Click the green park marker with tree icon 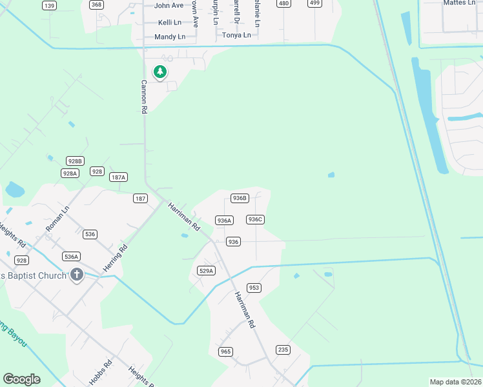159,72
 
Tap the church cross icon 76,275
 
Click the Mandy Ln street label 170,37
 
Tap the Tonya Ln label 236,35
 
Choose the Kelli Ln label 170,22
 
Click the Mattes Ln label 460,3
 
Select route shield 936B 239,198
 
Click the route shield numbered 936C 255,219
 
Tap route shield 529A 206,271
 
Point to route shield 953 254,288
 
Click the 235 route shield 283,350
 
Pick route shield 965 225,352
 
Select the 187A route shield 119,177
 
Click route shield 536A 71,256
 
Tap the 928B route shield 75,161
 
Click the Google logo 21,379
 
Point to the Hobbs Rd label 101,372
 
